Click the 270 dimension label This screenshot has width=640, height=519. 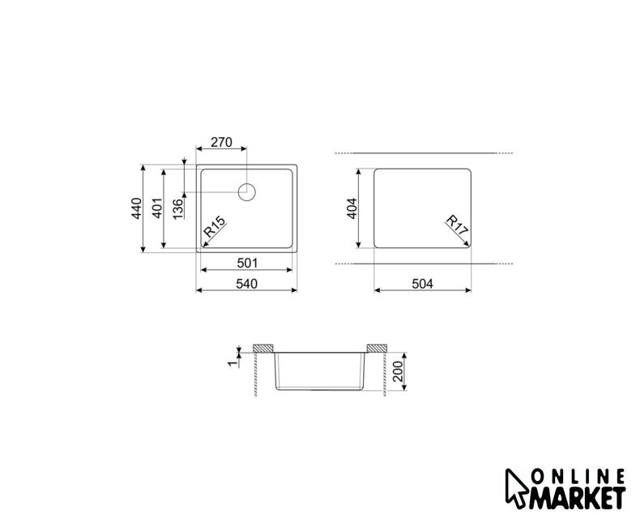tap(221, 142)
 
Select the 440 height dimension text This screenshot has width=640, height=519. tap(137, 208)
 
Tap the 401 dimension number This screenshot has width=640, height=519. tap(157, 208)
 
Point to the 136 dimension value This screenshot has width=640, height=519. tap(178, 209)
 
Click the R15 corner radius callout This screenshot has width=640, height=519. tap(215, 227)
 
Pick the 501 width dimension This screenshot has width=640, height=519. tap(247, 263)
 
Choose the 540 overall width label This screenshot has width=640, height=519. tap(246, 284)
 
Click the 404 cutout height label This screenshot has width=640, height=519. tap(352, 208)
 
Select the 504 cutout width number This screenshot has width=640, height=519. tap(422, 284)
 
